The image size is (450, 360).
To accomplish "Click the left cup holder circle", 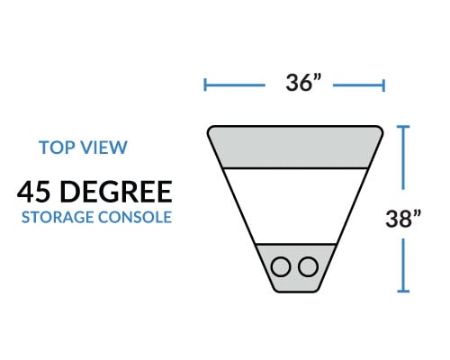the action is coord(281,266).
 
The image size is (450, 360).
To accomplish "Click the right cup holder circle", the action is coord(308,266).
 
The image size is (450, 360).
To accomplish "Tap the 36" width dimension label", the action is coord(303,83).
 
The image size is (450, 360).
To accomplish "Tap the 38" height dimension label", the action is coord(403,219).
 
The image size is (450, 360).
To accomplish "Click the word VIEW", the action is coord(104,148).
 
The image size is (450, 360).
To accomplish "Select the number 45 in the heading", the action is coord(33,192).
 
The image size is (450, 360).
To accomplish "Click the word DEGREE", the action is coord(116,192).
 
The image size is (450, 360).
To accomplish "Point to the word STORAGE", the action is coord(58,217).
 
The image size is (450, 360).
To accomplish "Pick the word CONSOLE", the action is coord(135,217).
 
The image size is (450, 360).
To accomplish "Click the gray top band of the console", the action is coord(295,147).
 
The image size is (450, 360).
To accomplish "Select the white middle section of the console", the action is coord(295,206).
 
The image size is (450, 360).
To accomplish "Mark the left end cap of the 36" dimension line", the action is coord(205,85).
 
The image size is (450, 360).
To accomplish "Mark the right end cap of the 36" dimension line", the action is coord(383,85).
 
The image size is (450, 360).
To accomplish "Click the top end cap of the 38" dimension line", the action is coord(403,127).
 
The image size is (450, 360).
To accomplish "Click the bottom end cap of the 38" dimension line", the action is coord(403,291).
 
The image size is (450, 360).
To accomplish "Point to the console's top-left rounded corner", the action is coord(211,130).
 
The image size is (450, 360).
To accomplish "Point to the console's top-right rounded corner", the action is coord(380,130).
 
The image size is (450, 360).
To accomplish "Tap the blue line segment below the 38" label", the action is coord(403,265).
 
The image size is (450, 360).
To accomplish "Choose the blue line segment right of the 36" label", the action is coord(359,85).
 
